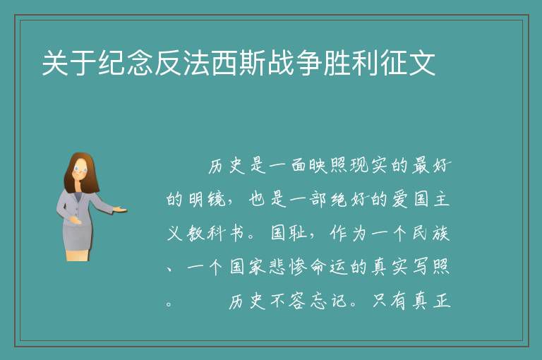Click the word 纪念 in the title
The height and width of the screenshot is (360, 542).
click(x=126, y=63)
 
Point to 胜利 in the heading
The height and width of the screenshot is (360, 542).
click(x=351, y=63)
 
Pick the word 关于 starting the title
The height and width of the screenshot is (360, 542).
click(x=69, y=63)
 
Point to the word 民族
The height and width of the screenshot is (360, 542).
click(x=430, y=233)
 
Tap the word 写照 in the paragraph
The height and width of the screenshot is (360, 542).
click(x=430, y=267)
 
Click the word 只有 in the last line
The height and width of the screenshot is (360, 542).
click(x=390, y=301)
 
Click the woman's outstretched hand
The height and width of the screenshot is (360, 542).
click(x=120, y=209)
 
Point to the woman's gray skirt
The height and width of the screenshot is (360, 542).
click(x=77, y=235)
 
